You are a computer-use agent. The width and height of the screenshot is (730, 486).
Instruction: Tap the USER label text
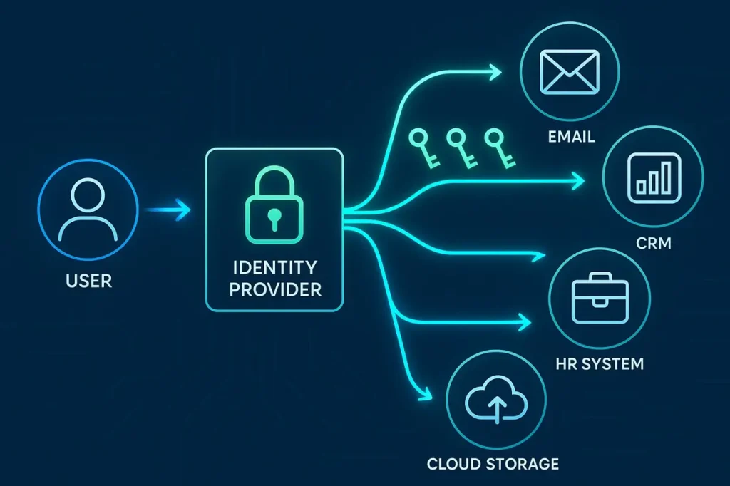pyautogui.click(x=88, y=281)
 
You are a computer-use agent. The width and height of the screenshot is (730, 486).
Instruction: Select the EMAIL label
pyautogui.click(x=571, y=136)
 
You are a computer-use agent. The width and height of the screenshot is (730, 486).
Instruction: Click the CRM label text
pyautogui.click(x=653, y=244)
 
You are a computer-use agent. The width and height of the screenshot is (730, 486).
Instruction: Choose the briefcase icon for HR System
pyautogui.click(x=599, y=295)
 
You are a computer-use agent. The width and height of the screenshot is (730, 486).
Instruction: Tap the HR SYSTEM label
pyautogui.click(x=600, y=363)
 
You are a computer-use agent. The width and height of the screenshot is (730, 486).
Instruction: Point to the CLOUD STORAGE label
pyautogui.click(x=493, y=464)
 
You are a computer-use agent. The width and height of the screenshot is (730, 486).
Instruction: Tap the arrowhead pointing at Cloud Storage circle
pyautogui.click(x=427, y=393)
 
